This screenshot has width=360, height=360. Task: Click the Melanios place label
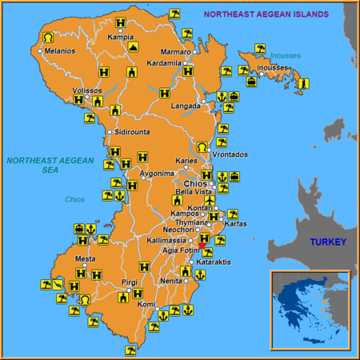click(x=61, y=51)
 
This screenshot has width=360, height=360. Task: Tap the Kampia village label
click(x=120, y=37)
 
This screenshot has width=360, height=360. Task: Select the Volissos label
click(x=87, y=90)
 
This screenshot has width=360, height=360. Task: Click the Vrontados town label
click(x=230, y=154)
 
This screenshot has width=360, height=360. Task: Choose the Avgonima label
click(x=157, y=173)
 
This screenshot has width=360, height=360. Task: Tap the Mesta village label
click(x=85, y=259)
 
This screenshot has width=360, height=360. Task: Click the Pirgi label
click(x=130, y=282)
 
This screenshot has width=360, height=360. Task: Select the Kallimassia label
click(x=167, y=240)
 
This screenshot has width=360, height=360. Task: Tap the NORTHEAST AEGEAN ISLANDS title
click(x=266, y=14)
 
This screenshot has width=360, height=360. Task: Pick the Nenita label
click(x=171, y=281)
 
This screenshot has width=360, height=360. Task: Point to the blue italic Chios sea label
click(x=75, y=199)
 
